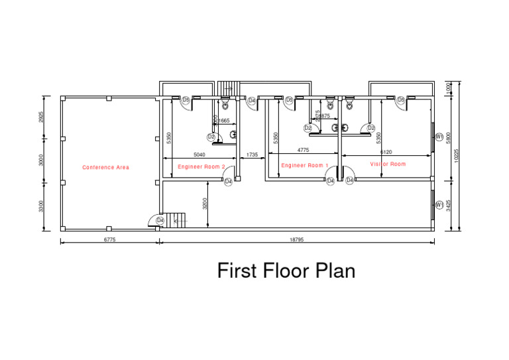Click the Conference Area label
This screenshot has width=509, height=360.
105,168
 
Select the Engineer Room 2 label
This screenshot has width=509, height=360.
201,167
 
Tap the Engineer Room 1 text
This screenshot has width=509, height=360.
305,165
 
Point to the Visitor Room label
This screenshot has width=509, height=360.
388,164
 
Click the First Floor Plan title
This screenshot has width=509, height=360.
286,270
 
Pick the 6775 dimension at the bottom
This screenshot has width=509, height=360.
109,240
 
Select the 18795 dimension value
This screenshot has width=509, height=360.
296,240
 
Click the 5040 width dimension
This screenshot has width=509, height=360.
199,154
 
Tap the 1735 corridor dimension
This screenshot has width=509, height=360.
252,154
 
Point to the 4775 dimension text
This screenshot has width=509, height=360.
303,150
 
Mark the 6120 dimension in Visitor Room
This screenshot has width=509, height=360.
386,152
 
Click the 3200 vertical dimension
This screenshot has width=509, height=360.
205,203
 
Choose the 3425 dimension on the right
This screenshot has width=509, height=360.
449,206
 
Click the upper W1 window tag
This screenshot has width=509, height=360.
439,137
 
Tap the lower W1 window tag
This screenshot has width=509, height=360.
439,206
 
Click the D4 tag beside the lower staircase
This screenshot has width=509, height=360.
160,220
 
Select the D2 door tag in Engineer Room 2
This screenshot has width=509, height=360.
211,137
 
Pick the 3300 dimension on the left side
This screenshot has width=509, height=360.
41,207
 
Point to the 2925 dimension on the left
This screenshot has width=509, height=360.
41,117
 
